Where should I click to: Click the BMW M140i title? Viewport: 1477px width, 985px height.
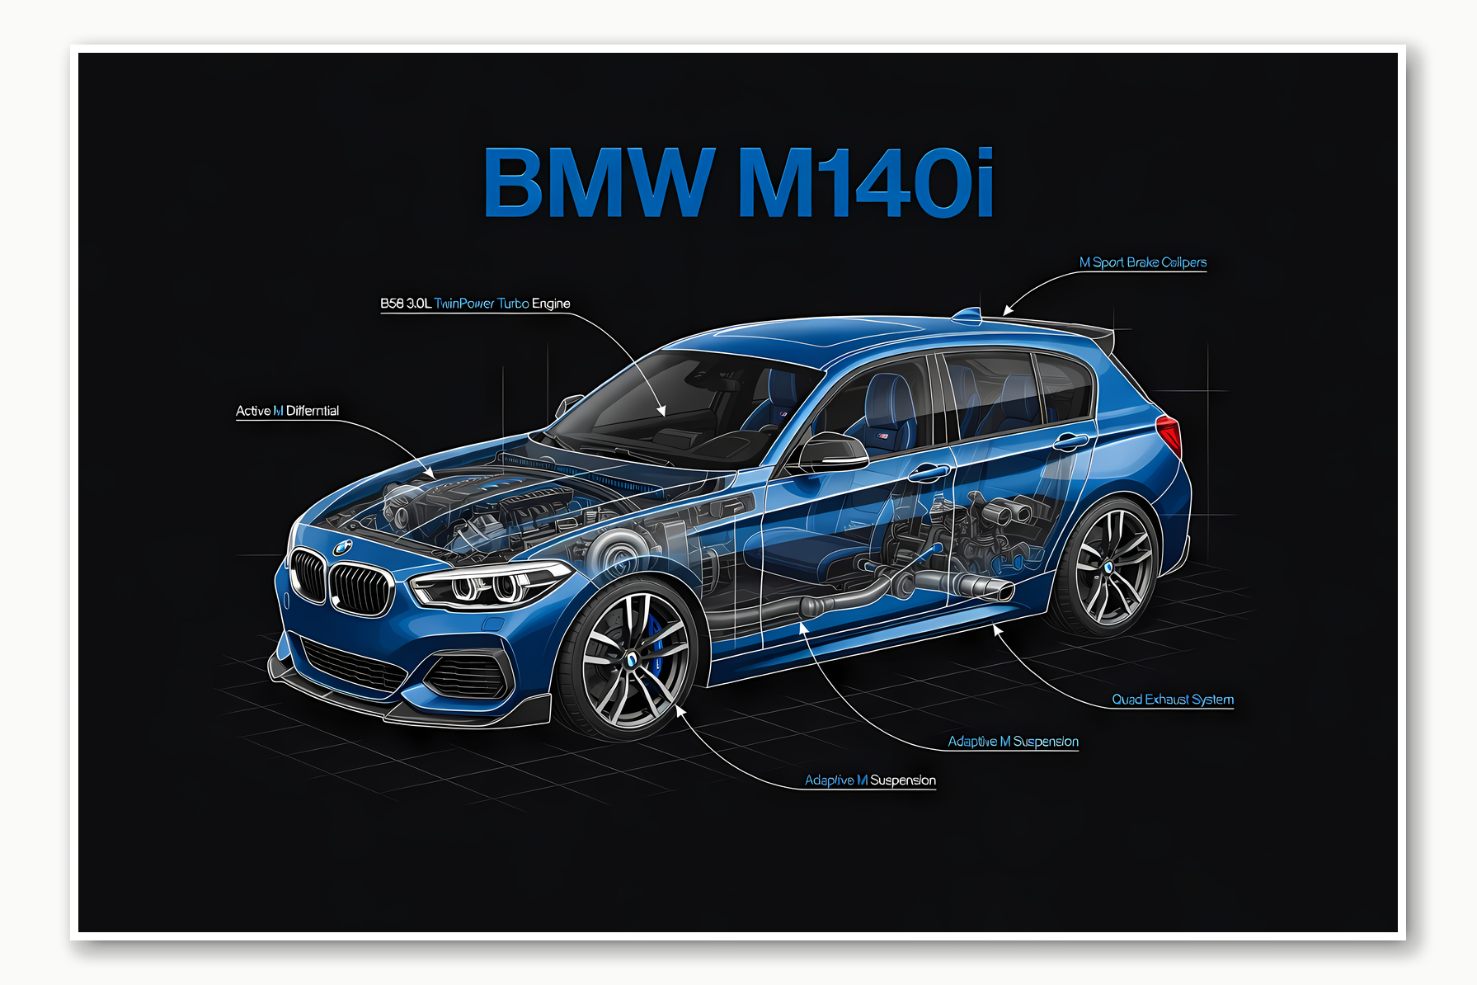coord(738,182)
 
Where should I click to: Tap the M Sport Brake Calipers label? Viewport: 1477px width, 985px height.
coord(1142,262)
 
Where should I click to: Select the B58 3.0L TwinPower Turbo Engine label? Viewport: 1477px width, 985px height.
coord(475,304)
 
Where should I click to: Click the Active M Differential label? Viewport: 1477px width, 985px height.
coord(287,411)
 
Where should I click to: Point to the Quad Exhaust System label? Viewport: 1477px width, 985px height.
coord(1172,700)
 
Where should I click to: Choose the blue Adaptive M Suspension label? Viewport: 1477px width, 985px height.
coord(1013,742)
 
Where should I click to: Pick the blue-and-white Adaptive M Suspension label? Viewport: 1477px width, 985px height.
coord(870,780)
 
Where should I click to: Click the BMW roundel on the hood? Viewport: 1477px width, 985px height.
coord(342,547)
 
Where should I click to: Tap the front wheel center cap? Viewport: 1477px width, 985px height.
coord(631,659)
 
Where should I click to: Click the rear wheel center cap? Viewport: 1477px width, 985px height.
coord(1108,568)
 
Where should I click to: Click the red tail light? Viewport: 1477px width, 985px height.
coord(1169,434)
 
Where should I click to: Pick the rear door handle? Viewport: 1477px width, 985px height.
coord(1070,442)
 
